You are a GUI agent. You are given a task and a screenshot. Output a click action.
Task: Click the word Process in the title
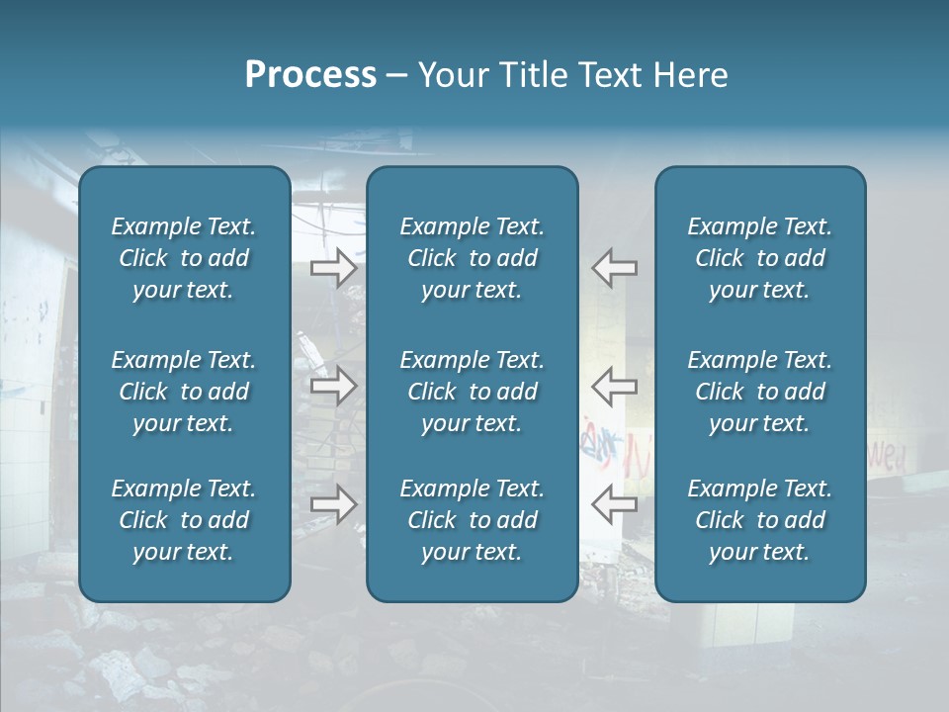(310, 75)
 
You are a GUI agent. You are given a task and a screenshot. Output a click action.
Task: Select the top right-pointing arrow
(333, 268)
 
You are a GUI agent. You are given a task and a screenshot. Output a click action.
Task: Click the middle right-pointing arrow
(333, 386)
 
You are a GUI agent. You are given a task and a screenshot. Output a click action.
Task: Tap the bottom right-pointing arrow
(333, 504)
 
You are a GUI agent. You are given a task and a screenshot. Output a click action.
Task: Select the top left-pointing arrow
(614, 268)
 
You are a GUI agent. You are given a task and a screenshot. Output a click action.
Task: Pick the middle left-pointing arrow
(614, 386)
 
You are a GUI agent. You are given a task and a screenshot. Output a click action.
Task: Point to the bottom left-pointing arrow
(614, 504)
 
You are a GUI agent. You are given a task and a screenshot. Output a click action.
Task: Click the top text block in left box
(184, 258)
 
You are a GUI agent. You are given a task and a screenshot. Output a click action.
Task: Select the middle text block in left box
(184, 392)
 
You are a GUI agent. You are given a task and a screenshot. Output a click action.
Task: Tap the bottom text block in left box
(184, 520)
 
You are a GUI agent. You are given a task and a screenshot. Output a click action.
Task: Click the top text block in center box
(472, 258)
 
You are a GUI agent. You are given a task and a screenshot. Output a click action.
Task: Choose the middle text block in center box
(472, 392)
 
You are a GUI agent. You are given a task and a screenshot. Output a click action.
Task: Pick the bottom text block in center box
(472, 520)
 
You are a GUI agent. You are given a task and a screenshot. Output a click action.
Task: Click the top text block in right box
(759, 258)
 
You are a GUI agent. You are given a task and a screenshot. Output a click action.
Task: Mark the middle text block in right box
(759, 392)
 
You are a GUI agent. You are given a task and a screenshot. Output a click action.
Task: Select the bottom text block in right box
(759, 520)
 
